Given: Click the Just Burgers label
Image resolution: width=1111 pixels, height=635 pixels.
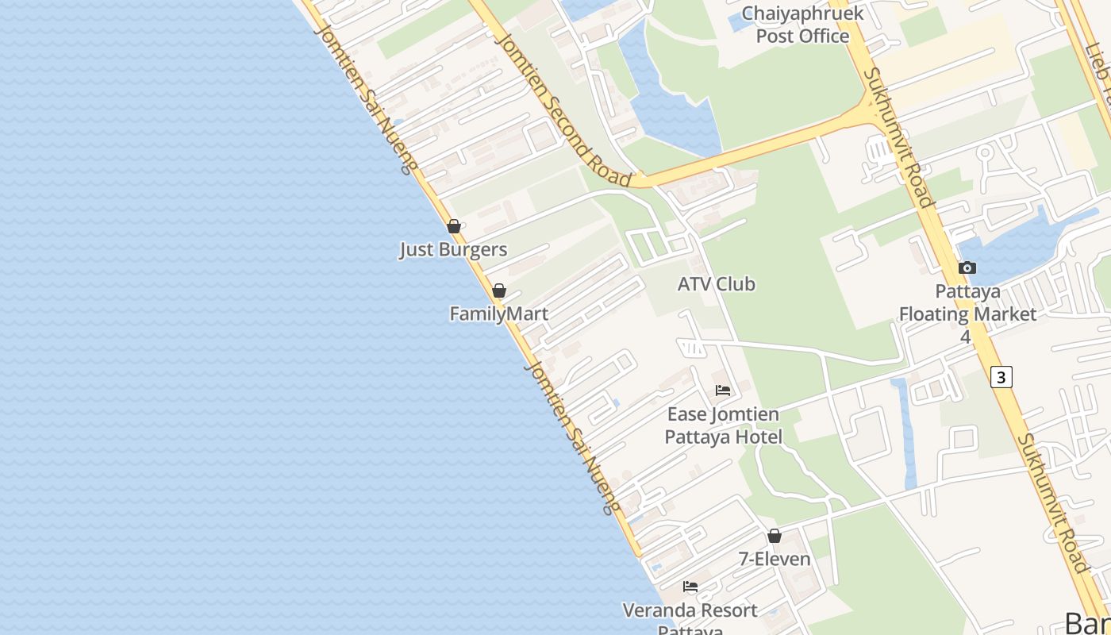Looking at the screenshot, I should click(452, 249).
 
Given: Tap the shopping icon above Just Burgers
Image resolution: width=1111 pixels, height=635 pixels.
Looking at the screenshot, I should click(454, 226).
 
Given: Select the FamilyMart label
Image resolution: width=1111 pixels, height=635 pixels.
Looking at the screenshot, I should click(498, 314).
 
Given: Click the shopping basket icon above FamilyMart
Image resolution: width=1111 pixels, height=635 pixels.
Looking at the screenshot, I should click(499, 291).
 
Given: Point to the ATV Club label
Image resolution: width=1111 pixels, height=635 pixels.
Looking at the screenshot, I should click(716, 284).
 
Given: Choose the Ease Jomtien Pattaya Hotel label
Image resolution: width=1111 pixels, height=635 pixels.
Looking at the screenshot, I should click(723, 425).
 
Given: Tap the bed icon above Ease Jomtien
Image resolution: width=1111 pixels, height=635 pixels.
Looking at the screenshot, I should click(723, 390).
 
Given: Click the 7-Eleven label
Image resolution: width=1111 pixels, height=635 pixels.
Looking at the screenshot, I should click(775, 559).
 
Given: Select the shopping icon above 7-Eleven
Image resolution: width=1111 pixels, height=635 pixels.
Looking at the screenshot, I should click(775, 536).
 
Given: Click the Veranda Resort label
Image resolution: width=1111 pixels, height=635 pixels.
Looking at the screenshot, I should click(690, 611).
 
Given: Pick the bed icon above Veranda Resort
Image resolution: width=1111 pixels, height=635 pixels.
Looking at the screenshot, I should click(690, 587).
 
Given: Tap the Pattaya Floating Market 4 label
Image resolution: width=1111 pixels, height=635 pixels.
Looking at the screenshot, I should click(967, 314).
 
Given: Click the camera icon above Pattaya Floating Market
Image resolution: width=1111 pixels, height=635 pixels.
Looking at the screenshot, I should click(967, 267).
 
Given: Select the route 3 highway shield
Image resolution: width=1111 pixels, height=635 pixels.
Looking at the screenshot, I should click(1001, 376).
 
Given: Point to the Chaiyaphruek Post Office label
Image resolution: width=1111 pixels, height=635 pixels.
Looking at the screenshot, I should click(802, 25).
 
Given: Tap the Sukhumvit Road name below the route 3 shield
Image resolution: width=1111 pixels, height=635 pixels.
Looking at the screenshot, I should click(1053, 502).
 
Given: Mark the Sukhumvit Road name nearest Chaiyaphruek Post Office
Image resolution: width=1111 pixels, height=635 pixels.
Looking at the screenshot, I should click(899, 137).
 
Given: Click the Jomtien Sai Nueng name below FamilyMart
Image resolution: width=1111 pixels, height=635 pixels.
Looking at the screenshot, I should click(571, 437).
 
